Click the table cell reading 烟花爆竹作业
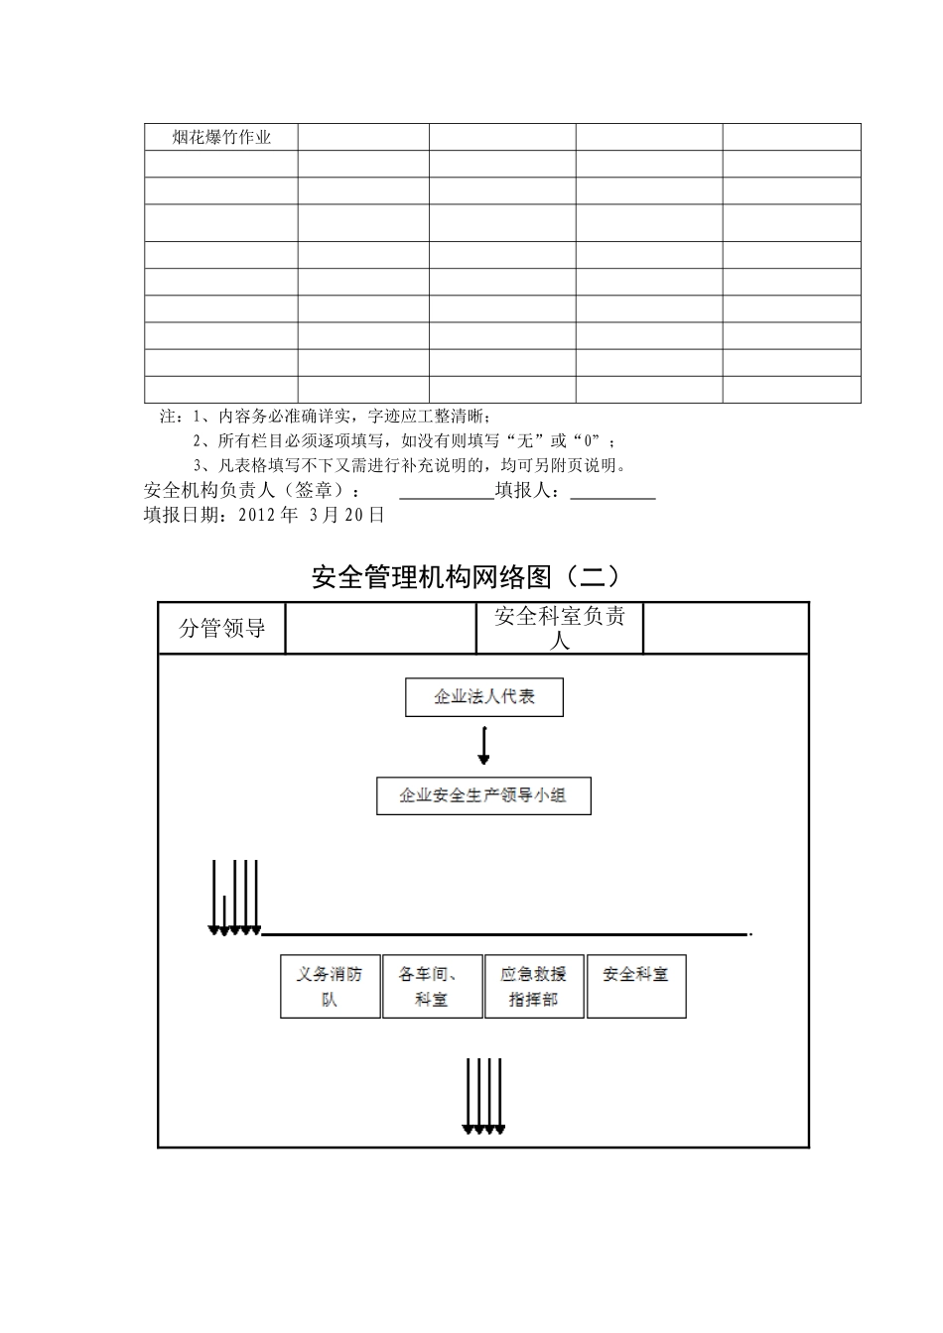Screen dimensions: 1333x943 pos(221,137)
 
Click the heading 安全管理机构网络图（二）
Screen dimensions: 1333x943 pos(466,576)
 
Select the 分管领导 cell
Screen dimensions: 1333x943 pos(221,628)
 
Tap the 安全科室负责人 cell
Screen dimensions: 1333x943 pos(560,628)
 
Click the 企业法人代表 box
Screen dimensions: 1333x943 pos(484,697)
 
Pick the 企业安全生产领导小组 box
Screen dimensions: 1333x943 pos(483,795)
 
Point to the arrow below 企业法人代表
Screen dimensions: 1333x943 pos(483,745)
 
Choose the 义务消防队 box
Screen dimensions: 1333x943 pos(330,986)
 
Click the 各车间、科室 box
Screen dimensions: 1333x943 pos(432,986)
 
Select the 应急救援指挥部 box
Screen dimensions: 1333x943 pos(534,986)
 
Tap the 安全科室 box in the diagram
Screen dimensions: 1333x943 pos(636,986)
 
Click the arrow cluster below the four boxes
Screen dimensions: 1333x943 pos(483,1097)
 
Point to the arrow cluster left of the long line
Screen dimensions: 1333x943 pos(234,899)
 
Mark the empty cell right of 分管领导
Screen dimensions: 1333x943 pos(380,628)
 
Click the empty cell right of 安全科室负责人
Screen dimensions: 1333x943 pos(726,628)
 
